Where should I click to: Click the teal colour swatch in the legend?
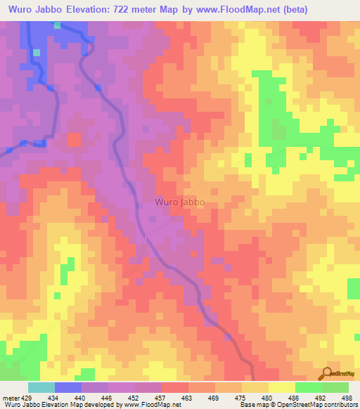pos(41,387)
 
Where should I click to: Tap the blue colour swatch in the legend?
pos(67,387)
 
